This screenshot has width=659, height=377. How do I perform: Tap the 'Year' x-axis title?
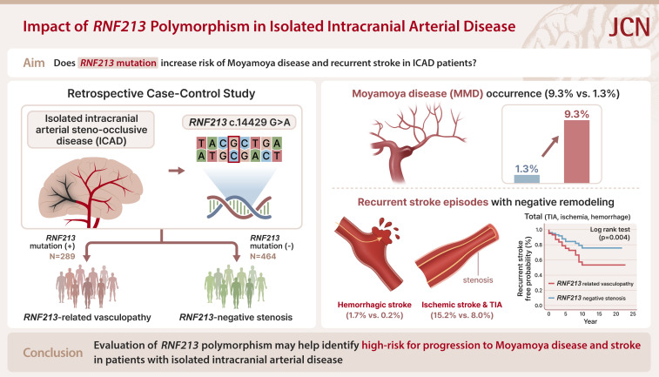tap(594, 320)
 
